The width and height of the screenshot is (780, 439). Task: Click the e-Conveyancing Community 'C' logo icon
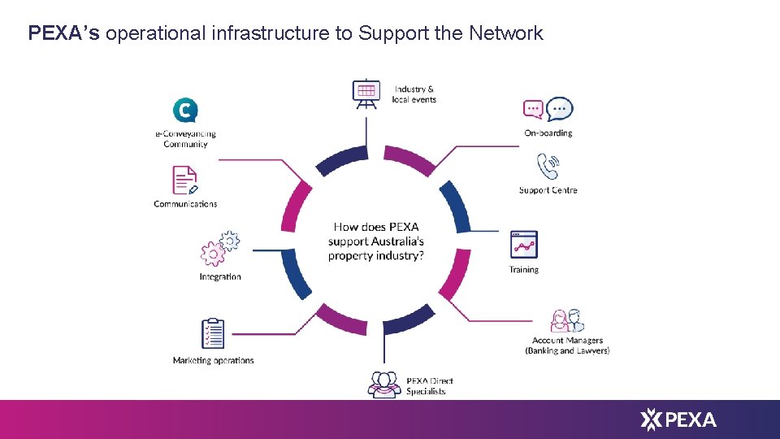click(185, 110)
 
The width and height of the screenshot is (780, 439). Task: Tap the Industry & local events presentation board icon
click(366, 93)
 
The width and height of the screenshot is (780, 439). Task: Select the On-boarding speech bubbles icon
click(548, 109)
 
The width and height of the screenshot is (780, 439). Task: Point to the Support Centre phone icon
click(548, 167)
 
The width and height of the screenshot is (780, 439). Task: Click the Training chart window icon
click(523, 245)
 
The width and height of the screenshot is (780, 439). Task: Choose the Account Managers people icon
click(567, 320)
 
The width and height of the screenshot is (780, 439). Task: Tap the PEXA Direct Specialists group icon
click(383, 384)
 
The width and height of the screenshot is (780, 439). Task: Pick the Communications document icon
click(185, 180)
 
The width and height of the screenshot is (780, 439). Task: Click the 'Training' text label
click(524, 270)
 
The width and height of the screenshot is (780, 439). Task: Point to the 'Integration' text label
click(220, 277)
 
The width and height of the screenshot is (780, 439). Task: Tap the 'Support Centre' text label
click(548, 191)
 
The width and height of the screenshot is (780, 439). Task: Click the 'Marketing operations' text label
click(213, 361)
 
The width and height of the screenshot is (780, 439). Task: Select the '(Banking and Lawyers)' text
click(567, 351)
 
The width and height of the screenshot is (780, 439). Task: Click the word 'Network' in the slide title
click(505, 33)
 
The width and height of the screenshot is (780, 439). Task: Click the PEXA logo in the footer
click(678, 419)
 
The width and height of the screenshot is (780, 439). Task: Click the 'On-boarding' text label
click(548, 133)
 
